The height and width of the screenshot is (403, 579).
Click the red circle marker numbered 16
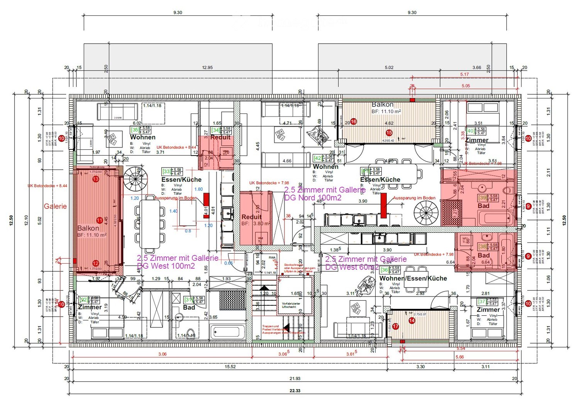(x=353, y=122)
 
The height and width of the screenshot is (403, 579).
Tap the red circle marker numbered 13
(x=96, y=179)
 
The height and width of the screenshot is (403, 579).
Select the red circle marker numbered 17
(x=396, y=326)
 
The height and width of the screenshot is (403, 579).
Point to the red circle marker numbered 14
(x=412, y=320)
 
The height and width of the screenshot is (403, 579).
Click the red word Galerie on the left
(x=55, y=206)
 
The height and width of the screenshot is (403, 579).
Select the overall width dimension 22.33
(x=295, y=391)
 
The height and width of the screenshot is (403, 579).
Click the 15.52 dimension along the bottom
(x=230, y=366)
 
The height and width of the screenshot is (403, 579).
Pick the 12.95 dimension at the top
(x=207, y=68)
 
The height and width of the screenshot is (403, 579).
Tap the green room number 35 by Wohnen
(x=135, y=130)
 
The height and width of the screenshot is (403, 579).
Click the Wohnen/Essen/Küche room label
(x=413, y=278)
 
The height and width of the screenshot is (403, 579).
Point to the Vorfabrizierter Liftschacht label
(x=291, y=305)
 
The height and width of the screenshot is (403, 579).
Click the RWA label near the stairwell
(x=273, y=257)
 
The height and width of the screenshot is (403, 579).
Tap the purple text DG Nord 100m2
(x=313, y=198)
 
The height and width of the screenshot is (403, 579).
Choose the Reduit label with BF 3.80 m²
(x=252, y=217)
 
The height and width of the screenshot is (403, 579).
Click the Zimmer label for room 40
(x=477, y=140)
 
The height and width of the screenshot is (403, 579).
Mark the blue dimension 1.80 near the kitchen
(x=198, y=189)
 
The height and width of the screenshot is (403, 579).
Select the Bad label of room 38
(x=484, y=255)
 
